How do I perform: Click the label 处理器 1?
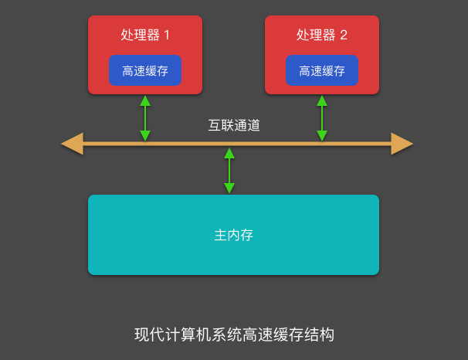(x=145, y=35)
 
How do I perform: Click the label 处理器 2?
(x=322, y=35)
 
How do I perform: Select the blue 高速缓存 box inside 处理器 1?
(x=145, y=70)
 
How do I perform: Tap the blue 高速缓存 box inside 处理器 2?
(x=322, y=70)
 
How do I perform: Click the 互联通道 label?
(x=234, y=125)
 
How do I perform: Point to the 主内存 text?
(x=233, y=235)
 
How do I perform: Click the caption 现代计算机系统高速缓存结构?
(x=234, y=335)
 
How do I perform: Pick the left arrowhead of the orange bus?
(x=72, y=144)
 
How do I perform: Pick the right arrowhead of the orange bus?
(x=402, y=144)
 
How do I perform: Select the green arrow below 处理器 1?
(x=145, y=118)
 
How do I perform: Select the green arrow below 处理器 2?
(x=322, y=118)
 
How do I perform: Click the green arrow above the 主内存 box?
(x=229, y=170)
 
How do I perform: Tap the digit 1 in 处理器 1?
(x=166, y=35)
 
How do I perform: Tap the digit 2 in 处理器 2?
(x=343, y=35)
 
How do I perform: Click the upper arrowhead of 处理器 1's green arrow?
(x=145, y=100)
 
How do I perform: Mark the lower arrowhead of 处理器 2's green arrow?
(x=322, y=136)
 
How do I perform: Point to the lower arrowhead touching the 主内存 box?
(x=229, y=188)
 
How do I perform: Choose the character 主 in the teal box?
(x=220, y=235)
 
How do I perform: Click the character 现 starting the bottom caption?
(x=142, y=335)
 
